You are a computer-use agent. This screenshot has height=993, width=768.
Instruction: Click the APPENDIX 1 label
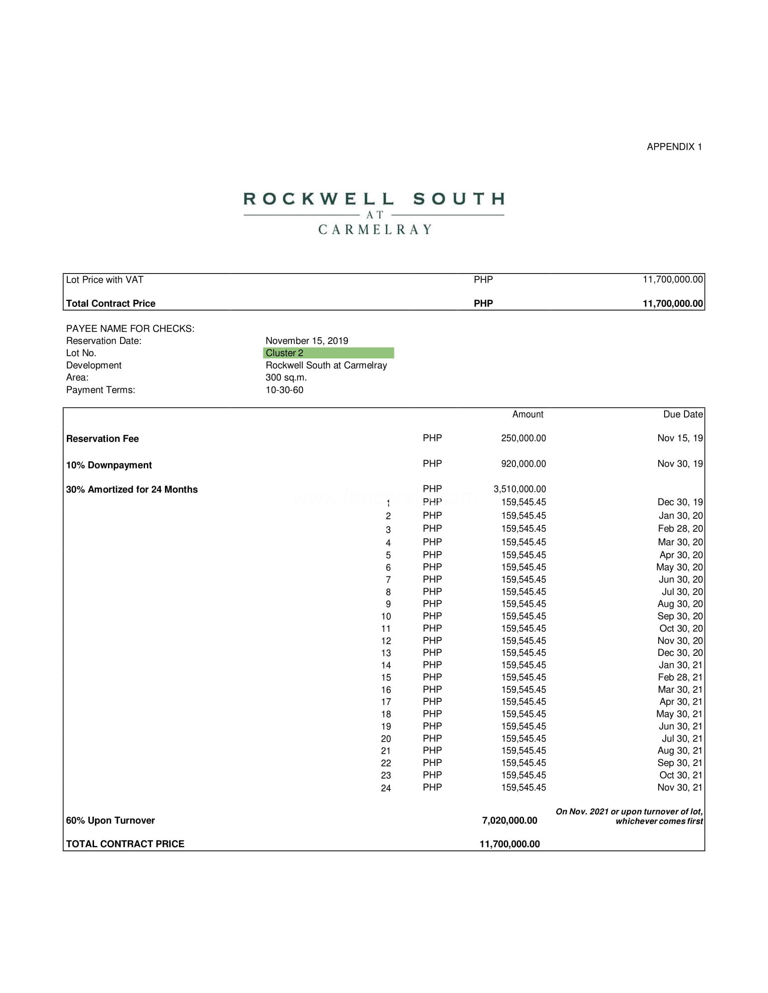674,147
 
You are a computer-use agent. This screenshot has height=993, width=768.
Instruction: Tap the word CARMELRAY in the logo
375,230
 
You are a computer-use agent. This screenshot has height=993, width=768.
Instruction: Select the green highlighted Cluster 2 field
328,353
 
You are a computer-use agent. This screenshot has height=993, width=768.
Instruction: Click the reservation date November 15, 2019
307,340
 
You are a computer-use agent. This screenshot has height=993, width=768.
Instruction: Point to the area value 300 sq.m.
286,377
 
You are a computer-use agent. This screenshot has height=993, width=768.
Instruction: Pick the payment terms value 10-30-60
284,390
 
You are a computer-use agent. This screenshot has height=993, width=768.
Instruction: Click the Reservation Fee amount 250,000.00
523,438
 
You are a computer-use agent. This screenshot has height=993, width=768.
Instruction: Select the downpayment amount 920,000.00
523,464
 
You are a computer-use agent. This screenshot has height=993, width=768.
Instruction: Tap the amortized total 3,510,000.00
520,489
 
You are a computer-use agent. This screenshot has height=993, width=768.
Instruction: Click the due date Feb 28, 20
680,529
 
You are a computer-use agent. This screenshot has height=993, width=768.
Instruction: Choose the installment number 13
386,654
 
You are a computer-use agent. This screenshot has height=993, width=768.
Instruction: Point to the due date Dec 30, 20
680,653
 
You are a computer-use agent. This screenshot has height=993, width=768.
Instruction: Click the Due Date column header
683,414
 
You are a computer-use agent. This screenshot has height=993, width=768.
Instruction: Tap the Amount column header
528,414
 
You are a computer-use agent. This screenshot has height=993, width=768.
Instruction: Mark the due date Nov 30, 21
680,788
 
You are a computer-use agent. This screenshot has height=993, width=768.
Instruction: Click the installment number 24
386,789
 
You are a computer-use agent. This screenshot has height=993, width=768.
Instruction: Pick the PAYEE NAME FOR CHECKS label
130,328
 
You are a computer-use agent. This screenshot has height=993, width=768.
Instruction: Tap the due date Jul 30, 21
682,739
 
